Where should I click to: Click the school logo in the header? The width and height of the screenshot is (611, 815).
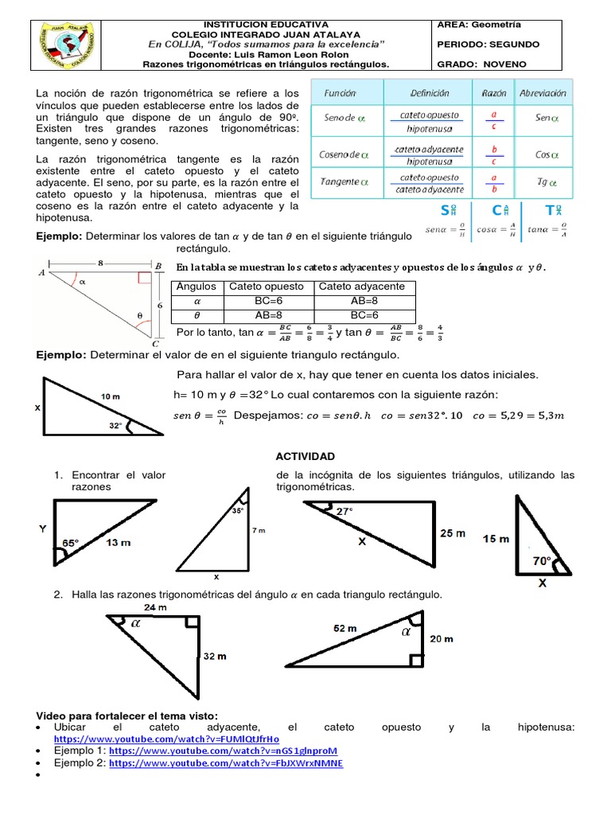click(x=68, y=44)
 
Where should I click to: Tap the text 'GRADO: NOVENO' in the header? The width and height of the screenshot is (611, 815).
click(x=481, y=64)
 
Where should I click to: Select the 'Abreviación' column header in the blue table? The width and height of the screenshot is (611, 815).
click(x=542, y=93)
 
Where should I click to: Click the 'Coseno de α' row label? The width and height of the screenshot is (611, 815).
click(x=341, y=154)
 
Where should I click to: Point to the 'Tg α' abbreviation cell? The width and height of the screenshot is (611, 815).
click(x=543, y=181)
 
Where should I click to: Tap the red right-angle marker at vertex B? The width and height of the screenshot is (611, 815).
click(x=144, y=278)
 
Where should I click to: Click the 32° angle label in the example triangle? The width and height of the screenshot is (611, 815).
click(x=116, y=426)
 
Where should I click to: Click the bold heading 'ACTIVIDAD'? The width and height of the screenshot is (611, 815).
click(x=305, y=456)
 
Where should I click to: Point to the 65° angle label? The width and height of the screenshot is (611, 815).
click(x=71, y=544)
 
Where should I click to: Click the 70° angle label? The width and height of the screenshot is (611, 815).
click(x=543, y=560)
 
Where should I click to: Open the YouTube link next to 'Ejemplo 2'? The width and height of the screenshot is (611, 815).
click(x=226, y=762)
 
